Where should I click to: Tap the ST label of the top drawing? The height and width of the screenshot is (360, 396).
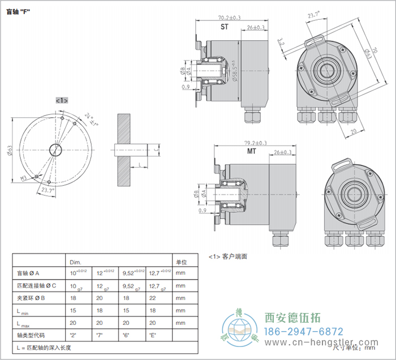[x=225, y=27]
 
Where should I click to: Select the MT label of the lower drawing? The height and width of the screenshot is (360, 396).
[x=251, y=152]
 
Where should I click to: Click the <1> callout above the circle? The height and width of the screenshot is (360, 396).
[x=62, y=100]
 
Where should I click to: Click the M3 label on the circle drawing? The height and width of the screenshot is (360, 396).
[x=25, y=178]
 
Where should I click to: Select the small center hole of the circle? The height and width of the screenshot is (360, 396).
[x=55, y=149]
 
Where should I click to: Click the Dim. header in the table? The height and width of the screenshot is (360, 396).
[x=75, y=263]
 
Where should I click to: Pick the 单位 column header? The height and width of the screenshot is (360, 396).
[x=182, y=262]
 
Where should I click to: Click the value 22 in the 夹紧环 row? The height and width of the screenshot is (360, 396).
[x=153, y=297]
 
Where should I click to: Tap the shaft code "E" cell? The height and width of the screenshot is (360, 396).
[x=153, y=335]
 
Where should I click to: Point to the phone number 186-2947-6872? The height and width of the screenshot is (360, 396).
[x=304, y=331]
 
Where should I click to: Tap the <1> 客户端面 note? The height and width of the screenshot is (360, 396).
[x=228, y=256]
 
